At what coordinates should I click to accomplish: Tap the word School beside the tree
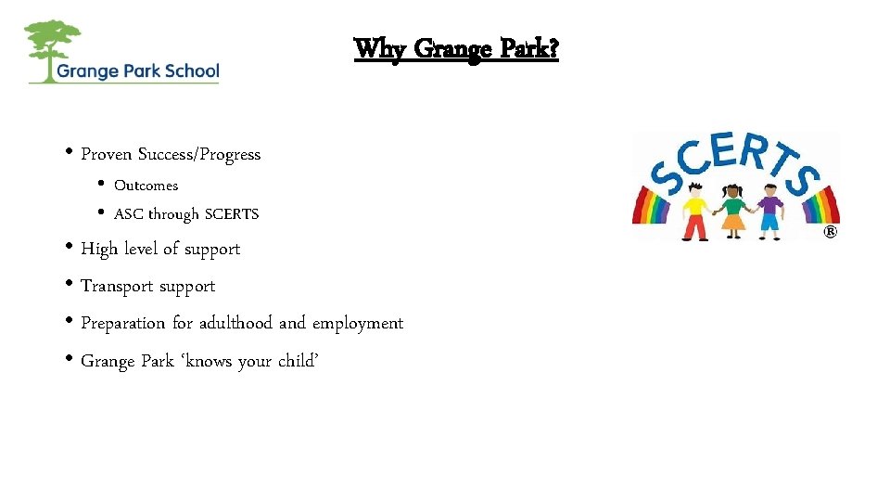point(189,71)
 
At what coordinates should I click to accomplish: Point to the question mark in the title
point(553,48)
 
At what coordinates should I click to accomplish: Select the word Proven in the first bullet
point(108,154)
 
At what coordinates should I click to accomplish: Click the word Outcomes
point(146,186)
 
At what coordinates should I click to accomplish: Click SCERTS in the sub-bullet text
point(231,214)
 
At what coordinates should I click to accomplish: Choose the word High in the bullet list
point(97,249)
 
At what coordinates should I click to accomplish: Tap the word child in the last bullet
point(299,361)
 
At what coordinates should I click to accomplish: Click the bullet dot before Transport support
point(71,286)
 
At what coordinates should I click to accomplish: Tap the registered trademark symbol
point(830,232)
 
